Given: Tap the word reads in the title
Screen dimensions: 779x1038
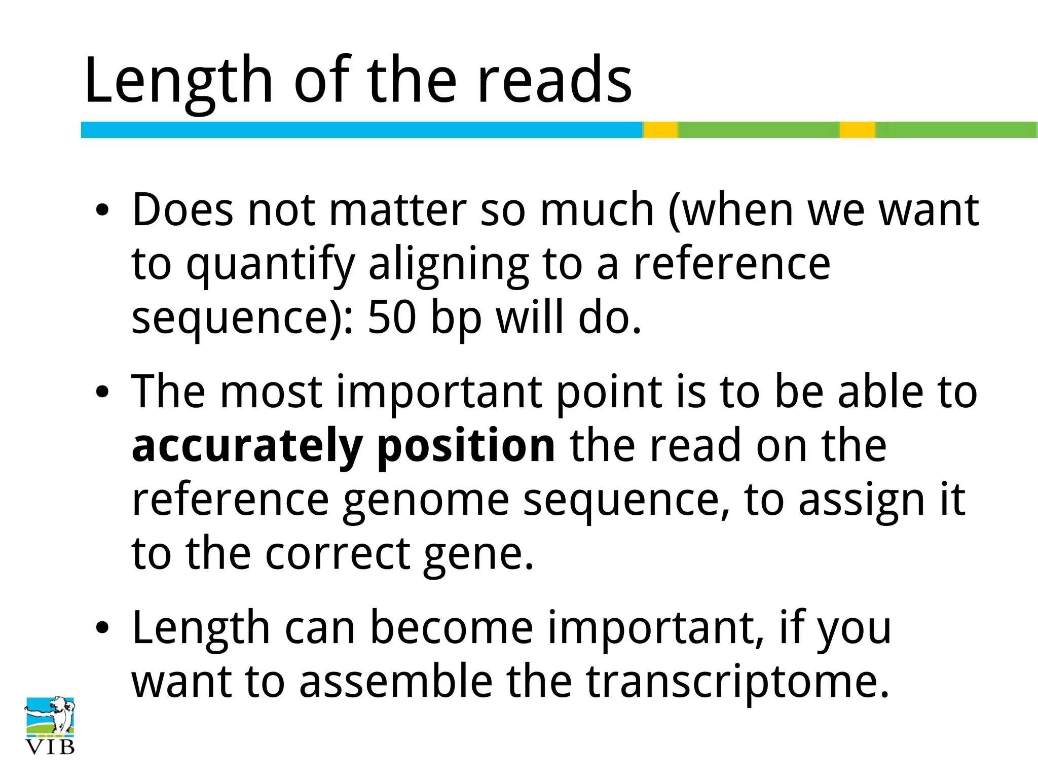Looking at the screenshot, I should (x=554, y=81).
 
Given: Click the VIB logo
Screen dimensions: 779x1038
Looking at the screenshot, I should (x=50, y=725).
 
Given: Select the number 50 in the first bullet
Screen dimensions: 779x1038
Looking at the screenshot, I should (x=392, y=318).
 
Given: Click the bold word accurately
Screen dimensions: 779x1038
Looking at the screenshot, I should (x=247, y=446).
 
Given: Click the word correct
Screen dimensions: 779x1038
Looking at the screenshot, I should (x=338, y=553).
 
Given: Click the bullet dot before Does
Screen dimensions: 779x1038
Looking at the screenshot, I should (x=102, y=210).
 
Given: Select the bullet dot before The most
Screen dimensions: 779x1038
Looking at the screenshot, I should (x=102, y=392).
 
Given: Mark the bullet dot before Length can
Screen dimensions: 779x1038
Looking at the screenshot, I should (x=102, y=629).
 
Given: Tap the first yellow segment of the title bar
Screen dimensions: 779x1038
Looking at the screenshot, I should (x=660, y=130).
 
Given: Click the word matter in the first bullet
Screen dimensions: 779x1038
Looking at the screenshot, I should (x=398, y=210).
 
